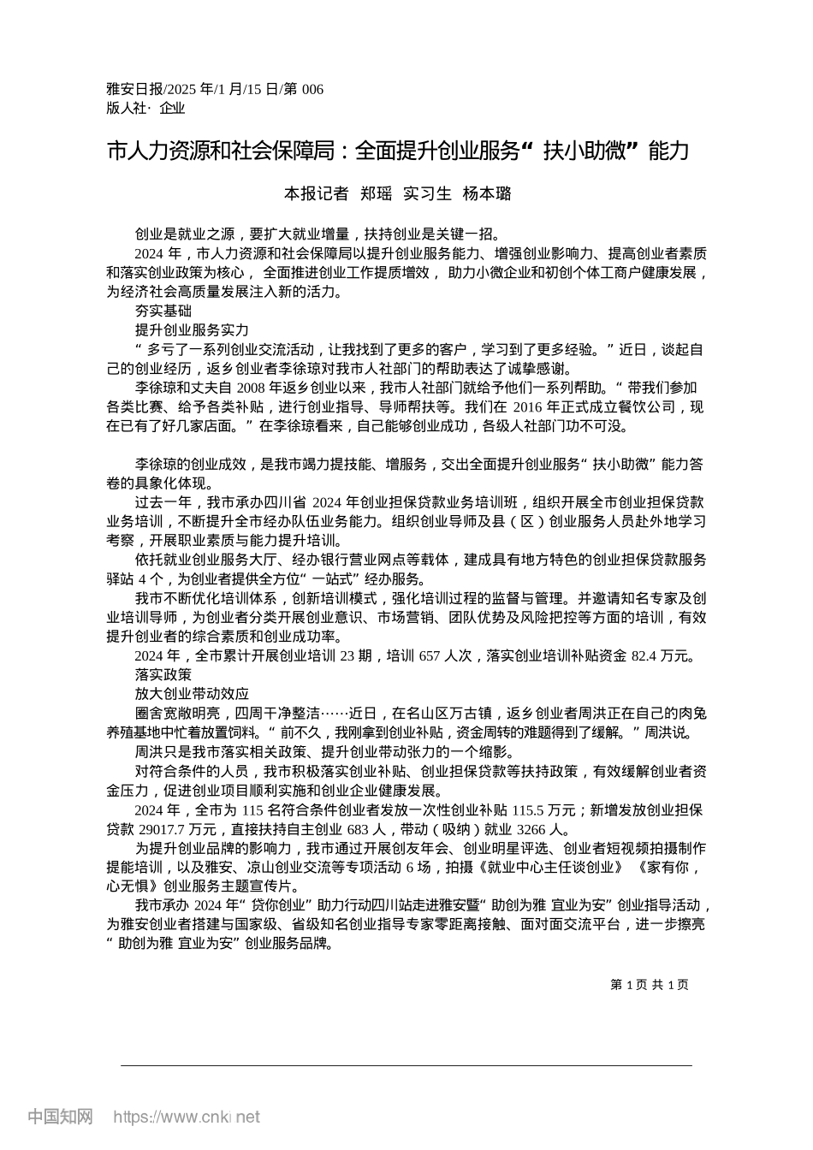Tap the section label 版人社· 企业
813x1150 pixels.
coord(145,108)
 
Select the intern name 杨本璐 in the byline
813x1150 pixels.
coord(487,193)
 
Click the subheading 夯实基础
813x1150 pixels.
coord(163,311)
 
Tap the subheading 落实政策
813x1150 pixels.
coord(163,675)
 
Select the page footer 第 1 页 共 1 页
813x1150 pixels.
coord(650,985)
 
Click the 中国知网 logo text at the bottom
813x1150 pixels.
coord(60,1117)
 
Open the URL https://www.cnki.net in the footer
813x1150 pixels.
coord(187,1117)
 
